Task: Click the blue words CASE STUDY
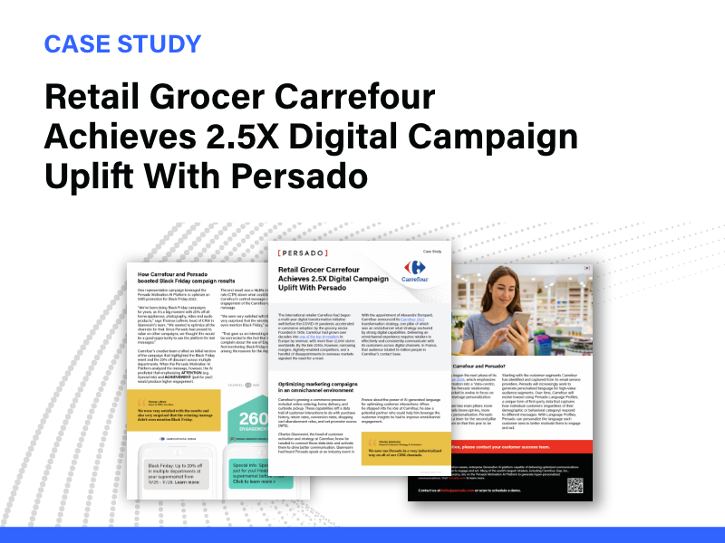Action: click(122, 43)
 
